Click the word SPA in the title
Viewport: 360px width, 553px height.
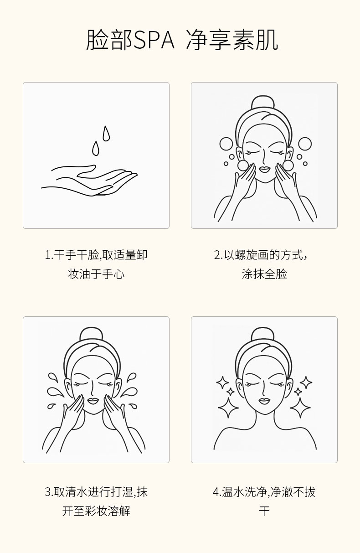[154, 40]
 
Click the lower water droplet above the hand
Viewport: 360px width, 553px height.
[96, 148]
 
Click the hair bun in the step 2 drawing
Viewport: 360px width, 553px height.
[263, 102]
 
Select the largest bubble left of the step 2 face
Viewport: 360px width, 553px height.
[226, 144]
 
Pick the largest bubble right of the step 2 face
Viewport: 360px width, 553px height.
[305, 144]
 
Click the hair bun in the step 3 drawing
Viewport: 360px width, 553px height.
[91, 335]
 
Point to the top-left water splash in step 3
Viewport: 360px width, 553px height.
[53, 378]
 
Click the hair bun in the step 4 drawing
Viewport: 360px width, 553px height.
[263, 335]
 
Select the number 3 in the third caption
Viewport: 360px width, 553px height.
[48, 492]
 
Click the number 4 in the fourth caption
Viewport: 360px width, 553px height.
[216, 492]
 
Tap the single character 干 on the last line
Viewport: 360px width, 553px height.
[264, 511]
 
